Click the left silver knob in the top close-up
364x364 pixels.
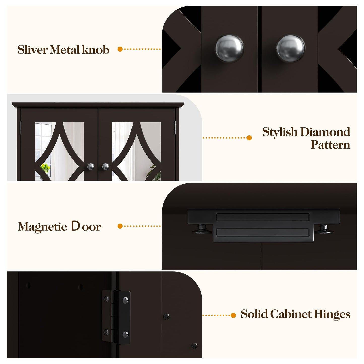[x=229, y=48]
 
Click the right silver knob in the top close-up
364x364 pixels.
[x=290, y=48]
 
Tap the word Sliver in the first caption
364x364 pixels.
[x=32, y=50]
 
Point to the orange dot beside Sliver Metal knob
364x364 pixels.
[x=120, y=49]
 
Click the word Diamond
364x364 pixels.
[x=325, y=132]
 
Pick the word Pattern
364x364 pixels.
[x=330, y=145]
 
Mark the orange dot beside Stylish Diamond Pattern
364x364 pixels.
[x=249, y=138]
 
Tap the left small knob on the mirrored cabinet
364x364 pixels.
[x=91, y=167]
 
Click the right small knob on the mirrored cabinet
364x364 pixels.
[x=105, y=167]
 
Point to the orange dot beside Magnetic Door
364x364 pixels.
[x=120, y=226]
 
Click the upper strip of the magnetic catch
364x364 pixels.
[x=262, y=217]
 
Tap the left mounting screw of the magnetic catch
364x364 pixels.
[x=202, y=229]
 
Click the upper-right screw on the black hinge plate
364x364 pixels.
[x=125, y=300]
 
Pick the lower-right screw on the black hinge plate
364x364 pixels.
[x=125, y=335]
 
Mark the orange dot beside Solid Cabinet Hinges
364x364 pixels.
[x=233, y=315]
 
